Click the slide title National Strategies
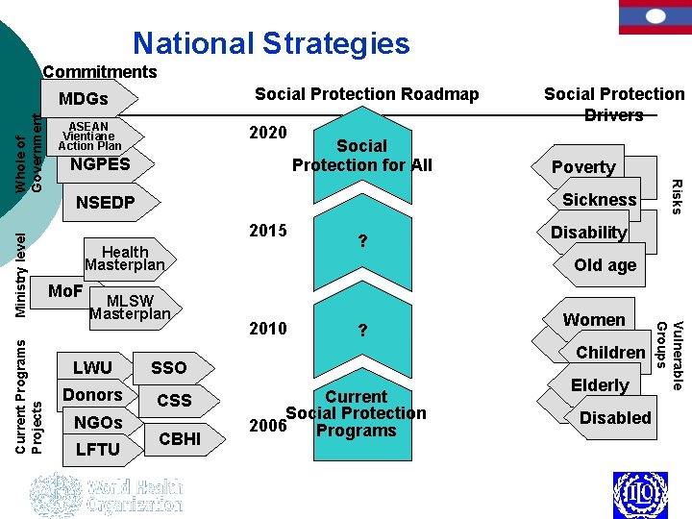(x=271, y=43)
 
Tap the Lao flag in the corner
(x=655, y=16)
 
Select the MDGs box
(x=85, y=99)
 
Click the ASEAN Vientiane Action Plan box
(x=91, y=136)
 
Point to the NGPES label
(x=100, y=164)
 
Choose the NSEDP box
(x=106, y=203)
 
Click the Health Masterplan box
(x=125, y=258)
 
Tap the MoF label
(x=65, y=290)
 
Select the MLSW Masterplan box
(x=130, y=308)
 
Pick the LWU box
(x=93, y=367)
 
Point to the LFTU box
(x=97, y=449)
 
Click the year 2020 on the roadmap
(x=267, y=132)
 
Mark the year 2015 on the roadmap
(x=267, y=231)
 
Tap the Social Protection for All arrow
(x=362, y=156)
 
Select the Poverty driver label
(x=583, y=166)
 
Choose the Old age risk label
(x=605, y=264)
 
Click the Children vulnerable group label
(x=610, y=352)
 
